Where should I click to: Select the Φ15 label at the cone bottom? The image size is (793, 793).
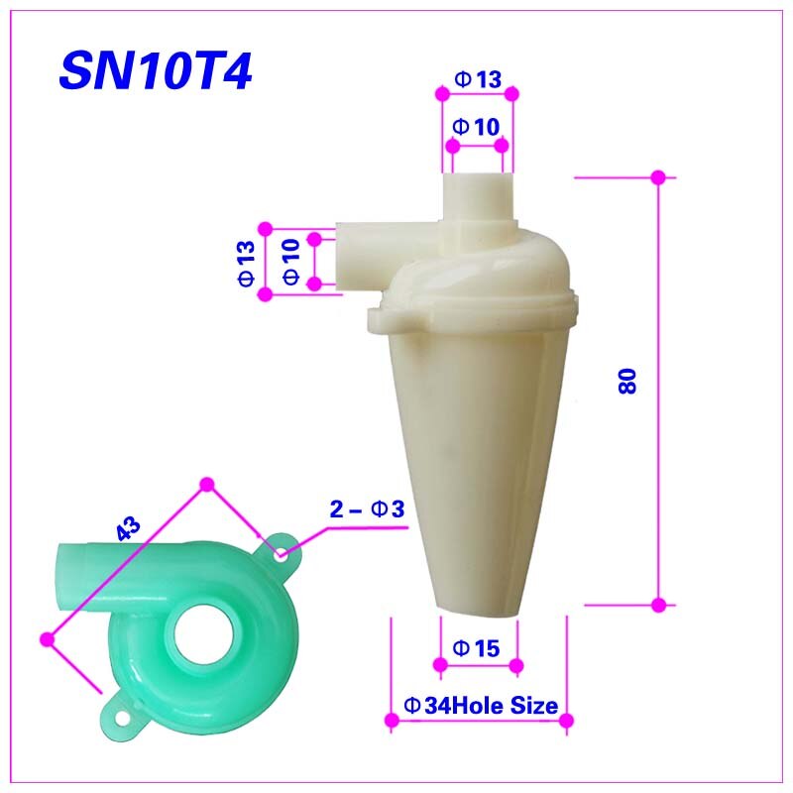click(x=477, y=647)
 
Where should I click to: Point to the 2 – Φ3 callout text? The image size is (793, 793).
click(x=366, y=510)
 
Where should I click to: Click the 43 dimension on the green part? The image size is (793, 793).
click(x=129, y=529)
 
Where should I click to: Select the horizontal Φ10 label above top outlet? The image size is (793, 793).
click(x=477, y=127)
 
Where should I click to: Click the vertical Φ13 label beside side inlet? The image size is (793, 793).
click(x=247, y=265)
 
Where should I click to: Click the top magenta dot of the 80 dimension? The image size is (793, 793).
click(x=657, y=177)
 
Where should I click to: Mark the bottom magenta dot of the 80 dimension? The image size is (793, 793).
click(x=657, y=604)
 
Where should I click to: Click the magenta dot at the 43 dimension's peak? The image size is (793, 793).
click(x=207, y=483)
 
